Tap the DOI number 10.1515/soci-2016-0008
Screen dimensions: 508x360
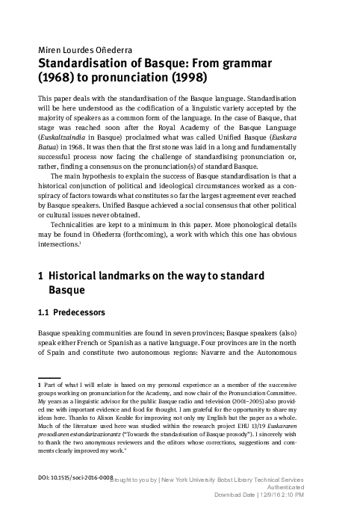(75, 476)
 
